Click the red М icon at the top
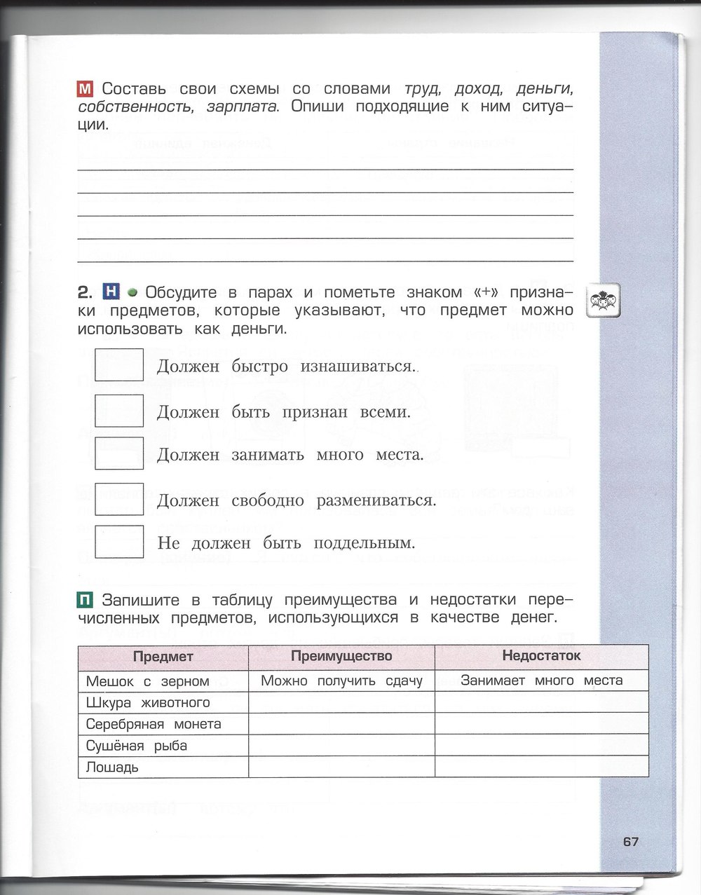[86, 89]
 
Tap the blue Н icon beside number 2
[111, 292]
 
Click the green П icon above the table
[86, 600]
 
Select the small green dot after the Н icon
[132, 292]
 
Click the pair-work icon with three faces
[603, 301]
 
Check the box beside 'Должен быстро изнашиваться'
[118, 364]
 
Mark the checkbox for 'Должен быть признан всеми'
[118, 411]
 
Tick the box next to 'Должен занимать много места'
[118, 453]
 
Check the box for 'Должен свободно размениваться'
[118, 499]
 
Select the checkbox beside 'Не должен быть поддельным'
[118, 542]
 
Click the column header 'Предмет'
[163, 657]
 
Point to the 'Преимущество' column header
[341, 656]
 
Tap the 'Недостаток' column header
[541, 655]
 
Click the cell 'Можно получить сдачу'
[341, 681]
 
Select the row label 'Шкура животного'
[148, 702]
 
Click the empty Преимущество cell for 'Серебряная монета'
[341, 724]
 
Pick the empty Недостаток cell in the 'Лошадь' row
[541, 767]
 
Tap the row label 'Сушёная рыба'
[137, 746]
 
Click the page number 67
[630, 842]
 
